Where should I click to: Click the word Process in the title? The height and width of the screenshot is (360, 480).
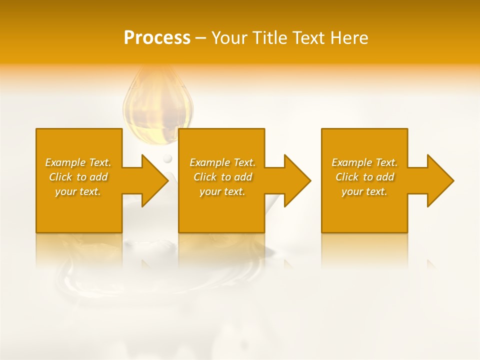click(x=157, y=38)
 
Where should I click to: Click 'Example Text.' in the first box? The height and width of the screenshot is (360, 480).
click(x=78, y=162)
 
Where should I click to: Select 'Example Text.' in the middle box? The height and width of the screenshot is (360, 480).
click(x=222, y=162)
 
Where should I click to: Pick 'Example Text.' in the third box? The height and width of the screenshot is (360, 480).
click(x=364, y=162)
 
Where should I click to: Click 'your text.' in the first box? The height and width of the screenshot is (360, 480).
click(x=78, y=191)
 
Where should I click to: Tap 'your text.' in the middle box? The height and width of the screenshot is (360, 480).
click(x=222, y=191)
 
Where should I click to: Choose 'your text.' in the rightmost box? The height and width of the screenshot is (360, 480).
click(x=364, y=191)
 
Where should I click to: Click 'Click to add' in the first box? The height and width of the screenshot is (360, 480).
click(x=78, y=177)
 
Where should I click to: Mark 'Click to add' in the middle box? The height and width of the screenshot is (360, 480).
click(x=222, y=177)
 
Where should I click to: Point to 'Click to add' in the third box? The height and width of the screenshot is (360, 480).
click(x=364, y=177)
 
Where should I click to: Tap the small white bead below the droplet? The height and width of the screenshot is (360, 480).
click(x=167, y=158)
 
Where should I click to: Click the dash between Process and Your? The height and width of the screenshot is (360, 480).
click(x=200, y=38)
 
